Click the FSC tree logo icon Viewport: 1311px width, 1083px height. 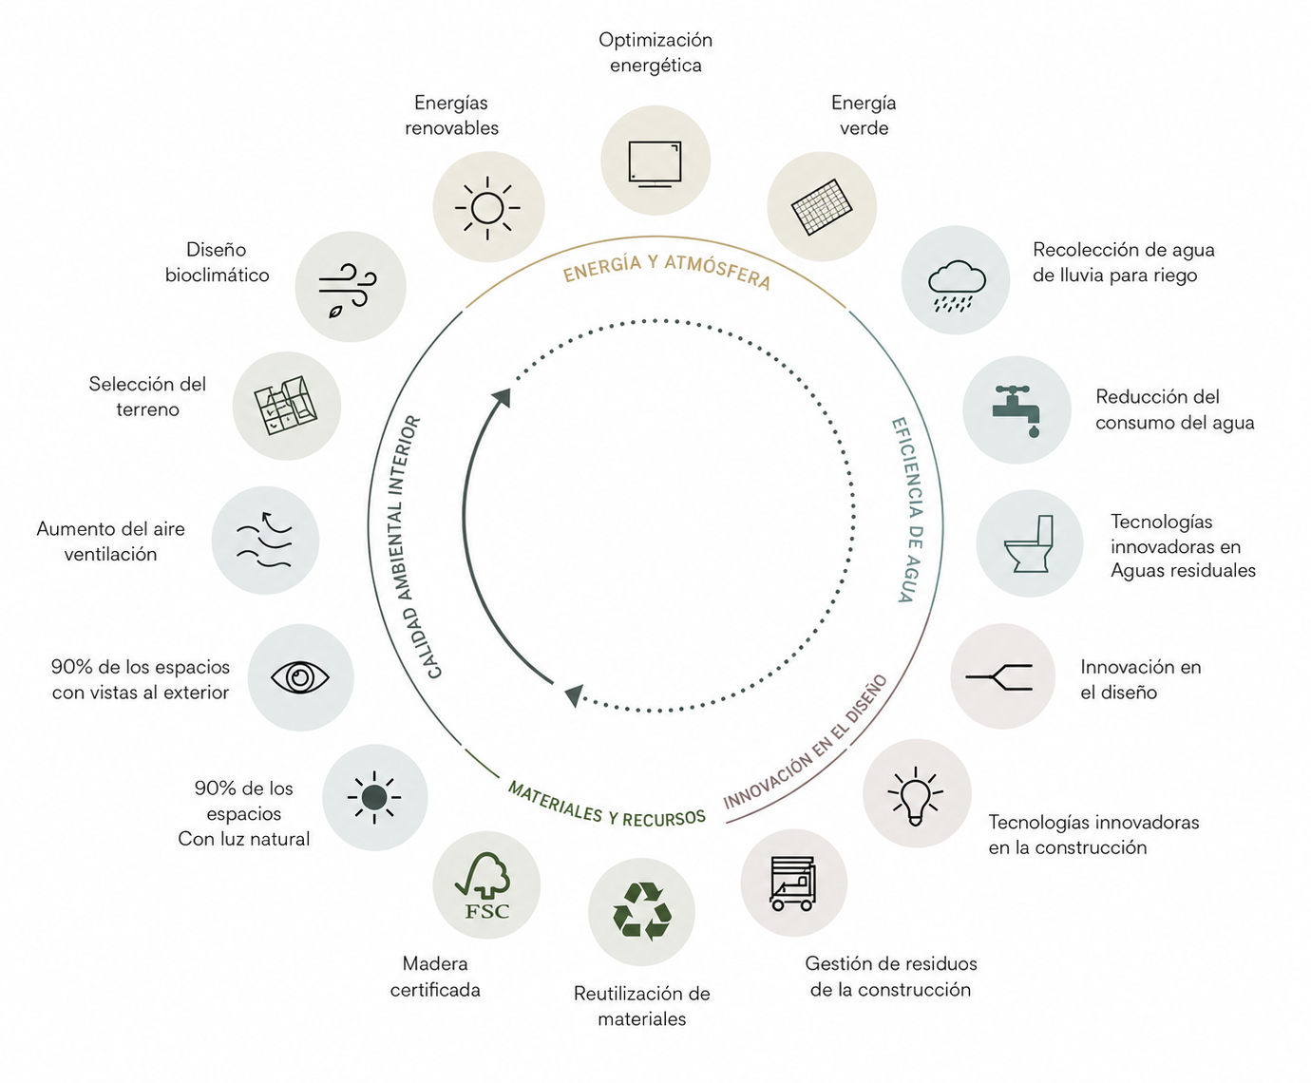pyautogui.click(x=484, y=885)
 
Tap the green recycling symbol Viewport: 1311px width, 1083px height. pyautogui.click(x=641, y=911)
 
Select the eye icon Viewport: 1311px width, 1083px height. pyautogui.click(x=300, y=677)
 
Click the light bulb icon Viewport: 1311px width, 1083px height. pyautogui.click(x=916, y=795)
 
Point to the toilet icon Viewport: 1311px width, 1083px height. pyautogui.click(x=1029, y=543)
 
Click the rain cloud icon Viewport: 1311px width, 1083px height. pyautogui.click(x=957, y=286)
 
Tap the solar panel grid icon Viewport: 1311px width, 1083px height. pyautogui.click(x=822, y=207)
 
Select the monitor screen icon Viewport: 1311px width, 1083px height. pyautogui.click(x=655, y=164)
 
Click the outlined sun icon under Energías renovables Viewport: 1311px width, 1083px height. pyautogui.click(x=487, y=208)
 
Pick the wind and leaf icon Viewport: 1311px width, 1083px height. pyautogui.click(x=348, y=290)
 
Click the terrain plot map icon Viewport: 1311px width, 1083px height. pyautogui.click(x=286, y=406)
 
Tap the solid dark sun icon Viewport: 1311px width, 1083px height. pyautogui.click(x=374, y=797)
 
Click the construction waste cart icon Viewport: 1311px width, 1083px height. pyautogui.click(x=793, y=883)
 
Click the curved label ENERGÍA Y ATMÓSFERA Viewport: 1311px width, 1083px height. pyautogui.click(x=667, y=271)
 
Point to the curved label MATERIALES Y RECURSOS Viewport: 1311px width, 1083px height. pyautogui.click(x=606, y=805)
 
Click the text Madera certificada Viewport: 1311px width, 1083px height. pyautogui.click(x=435, y=977)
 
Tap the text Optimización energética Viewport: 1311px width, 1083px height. pyautogui.click(x=655, y=53)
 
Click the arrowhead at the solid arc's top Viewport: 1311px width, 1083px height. pyautogui.click(x=503, y=397)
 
